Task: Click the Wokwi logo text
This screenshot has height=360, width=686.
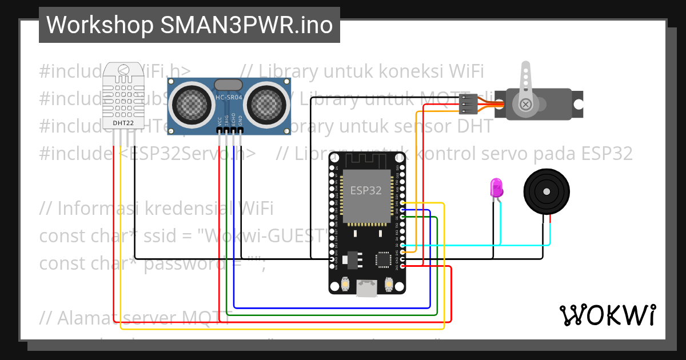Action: tap(607, 315)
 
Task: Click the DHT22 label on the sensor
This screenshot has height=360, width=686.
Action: tap(123, 122)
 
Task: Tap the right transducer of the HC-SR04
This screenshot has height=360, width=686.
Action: tap(266, 103)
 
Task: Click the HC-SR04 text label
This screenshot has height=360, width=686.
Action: tap(229, 98)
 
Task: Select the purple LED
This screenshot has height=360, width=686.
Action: tap(496, 187)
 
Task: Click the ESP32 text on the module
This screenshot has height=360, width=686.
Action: tap(365, 191)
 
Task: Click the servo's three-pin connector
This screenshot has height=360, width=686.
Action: tap(467, 105)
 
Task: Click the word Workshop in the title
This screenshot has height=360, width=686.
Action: tap(99, 25)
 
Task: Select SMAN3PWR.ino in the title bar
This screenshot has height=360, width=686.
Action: tap(247, 25)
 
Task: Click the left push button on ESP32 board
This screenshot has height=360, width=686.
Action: tap(345, 283)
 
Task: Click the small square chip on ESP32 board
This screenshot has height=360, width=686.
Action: tap(382, 259)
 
